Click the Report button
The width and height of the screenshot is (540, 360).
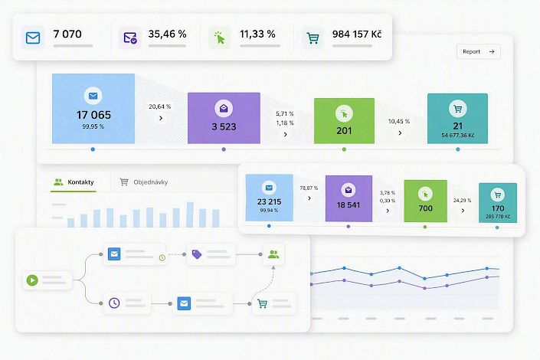479,51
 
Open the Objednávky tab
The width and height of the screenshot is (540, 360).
143,182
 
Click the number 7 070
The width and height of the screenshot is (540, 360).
67,34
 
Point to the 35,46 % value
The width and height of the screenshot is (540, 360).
168,34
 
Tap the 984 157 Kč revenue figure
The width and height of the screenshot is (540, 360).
357,34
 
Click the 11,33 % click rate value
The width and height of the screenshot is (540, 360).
257,34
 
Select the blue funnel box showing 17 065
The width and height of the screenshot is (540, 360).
93,109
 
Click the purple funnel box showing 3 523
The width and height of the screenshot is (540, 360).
224,118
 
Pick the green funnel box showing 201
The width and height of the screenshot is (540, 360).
344,120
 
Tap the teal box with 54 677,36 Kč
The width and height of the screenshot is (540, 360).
457,119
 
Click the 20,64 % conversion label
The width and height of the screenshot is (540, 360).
160,106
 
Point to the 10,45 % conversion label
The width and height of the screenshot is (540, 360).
399,121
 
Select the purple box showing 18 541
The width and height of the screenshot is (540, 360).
349,198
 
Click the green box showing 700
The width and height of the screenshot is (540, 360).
425,201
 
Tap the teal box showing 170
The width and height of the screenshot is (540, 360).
498,202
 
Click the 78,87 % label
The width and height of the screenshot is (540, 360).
309,188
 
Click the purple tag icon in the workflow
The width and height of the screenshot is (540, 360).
197,254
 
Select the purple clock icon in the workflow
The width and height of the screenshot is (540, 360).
114,303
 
